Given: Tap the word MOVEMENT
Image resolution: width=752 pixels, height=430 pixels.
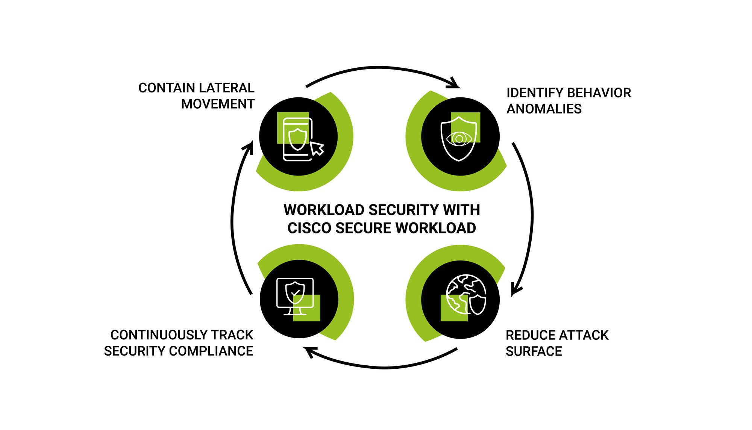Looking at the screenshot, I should [x=218, y=104].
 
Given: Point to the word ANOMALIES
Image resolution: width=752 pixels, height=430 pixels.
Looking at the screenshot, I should [x=544, y=109].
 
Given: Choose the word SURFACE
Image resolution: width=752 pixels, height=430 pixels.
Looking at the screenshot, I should [x=534, y=351].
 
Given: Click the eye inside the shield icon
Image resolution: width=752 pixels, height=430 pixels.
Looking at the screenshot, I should [x=459, y=139].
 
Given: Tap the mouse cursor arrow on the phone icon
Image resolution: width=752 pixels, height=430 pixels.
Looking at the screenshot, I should [x=317, y=148].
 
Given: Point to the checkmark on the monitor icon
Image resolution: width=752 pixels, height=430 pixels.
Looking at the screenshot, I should [x=295, y=292].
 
